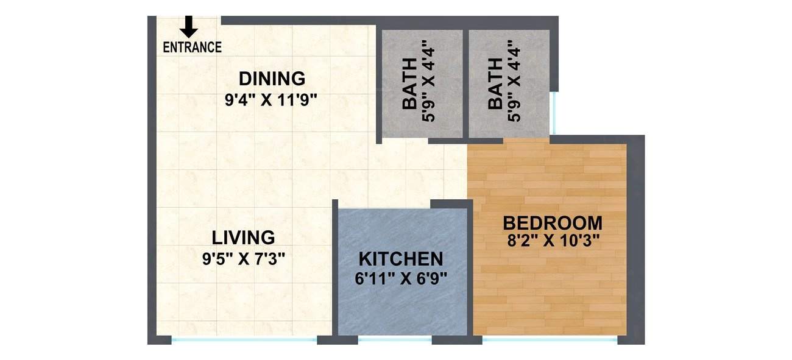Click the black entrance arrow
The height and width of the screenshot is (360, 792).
pos(189,26)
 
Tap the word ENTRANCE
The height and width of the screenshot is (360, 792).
pos(192,47)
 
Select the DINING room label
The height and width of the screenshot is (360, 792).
pos(272,79)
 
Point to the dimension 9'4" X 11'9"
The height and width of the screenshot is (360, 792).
pos(272,99)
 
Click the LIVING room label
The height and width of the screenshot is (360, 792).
pos(243,237)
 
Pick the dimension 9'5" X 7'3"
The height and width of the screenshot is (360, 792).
pos(244,258)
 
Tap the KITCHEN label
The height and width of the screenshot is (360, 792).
pos(401,259)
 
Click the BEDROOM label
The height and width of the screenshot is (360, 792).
pos(553,222)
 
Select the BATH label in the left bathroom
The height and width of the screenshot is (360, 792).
pos(411,84)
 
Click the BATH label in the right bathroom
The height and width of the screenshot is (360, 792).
pos(496,84)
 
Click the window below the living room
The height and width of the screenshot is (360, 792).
pos(244,339)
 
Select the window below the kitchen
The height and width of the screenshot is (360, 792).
pos(395,339)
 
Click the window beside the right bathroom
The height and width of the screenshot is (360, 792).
pos(554,113)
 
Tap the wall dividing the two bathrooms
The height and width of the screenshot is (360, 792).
pos(465,82)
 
